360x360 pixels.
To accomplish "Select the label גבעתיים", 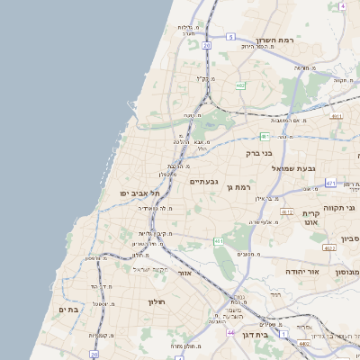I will [x=203, y=181].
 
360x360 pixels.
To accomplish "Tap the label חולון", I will [x=158, y=301].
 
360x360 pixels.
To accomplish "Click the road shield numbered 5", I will [x=230, y=37].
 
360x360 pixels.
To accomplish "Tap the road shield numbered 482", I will [x=240, y=85].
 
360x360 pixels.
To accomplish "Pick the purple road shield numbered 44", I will [x=230, y=332].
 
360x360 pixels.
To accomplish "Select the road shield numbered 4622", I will [x=328, y=247].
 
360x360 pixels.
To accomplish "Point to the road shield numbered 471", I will [x=330, y=184].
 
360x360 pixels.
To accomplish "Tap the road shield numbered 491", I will [x=337, y=116].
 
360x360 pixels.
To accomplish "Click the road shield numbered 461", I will [x=219, y=241].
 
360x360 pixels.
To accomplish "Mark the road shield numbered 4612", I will [x=287, y=211].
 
